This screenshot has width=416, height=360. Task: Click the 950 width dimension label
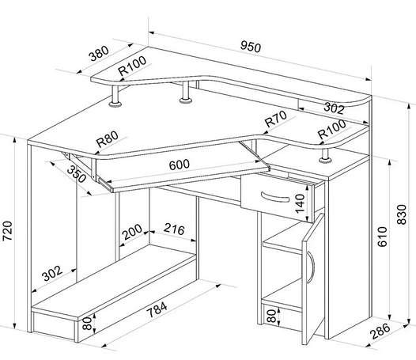pyautogui.click(x=251, y=47)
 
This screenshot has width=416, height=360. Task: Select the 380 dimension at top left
pyautogui.click(x=99, y=53)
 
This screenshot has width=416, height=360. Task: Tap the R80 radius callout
pyautogui.click(x=108, y=138)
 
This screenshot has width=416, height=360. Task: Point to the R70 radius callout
pyautogui.click(x=276, y=119)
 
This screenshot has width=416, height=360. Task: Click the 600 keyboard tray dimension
pyautogui.click(x=180, y=165)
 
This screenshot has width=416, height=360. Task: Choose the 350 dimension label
pyautogui.click(x=77, y=174)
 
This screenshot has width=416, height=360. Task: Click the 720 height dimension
pyautogui.click(x=7, y=231)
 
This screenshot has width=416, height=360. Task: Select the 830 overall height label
pyautogui.click(x=402, y=214)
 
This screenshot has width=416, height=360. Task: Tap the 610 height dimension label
pyautogui.click(x=382, y=237)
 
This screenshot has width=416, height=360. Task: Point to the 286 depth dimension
pyautogui.click(x=380, y=331)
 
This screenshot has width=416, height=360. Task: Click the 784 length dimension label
pyautogui.click(x=157, y=309)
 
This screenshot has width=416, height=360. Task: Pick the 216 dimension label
pyautogui.click(x=174, y=229)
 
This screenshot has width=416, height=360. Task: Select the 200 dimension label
pyautogui.click(x=132, y=232)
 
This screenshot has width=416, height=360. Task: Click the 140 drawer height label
pyautogui.click(x=300, y=203)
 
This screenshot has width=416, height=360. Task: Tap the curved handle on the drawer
pyautogui.click(x=275, y=198)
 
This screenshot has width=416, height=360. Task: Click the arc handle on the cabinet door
pyautogui.click(x=311, y=267)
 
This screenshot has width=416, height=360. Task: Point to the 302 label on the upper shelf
pyautogui.click(x=334, y=108)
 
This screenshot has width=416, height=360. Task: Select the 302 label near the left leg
pyautogui.click(x=52, y=273)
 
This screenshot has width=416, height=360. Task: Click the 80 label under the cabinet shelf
pyautogui.click(x=271, y=316)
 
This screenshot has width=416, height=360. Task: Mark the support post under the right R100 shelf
pyautogui.click(x=325, y=156)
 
